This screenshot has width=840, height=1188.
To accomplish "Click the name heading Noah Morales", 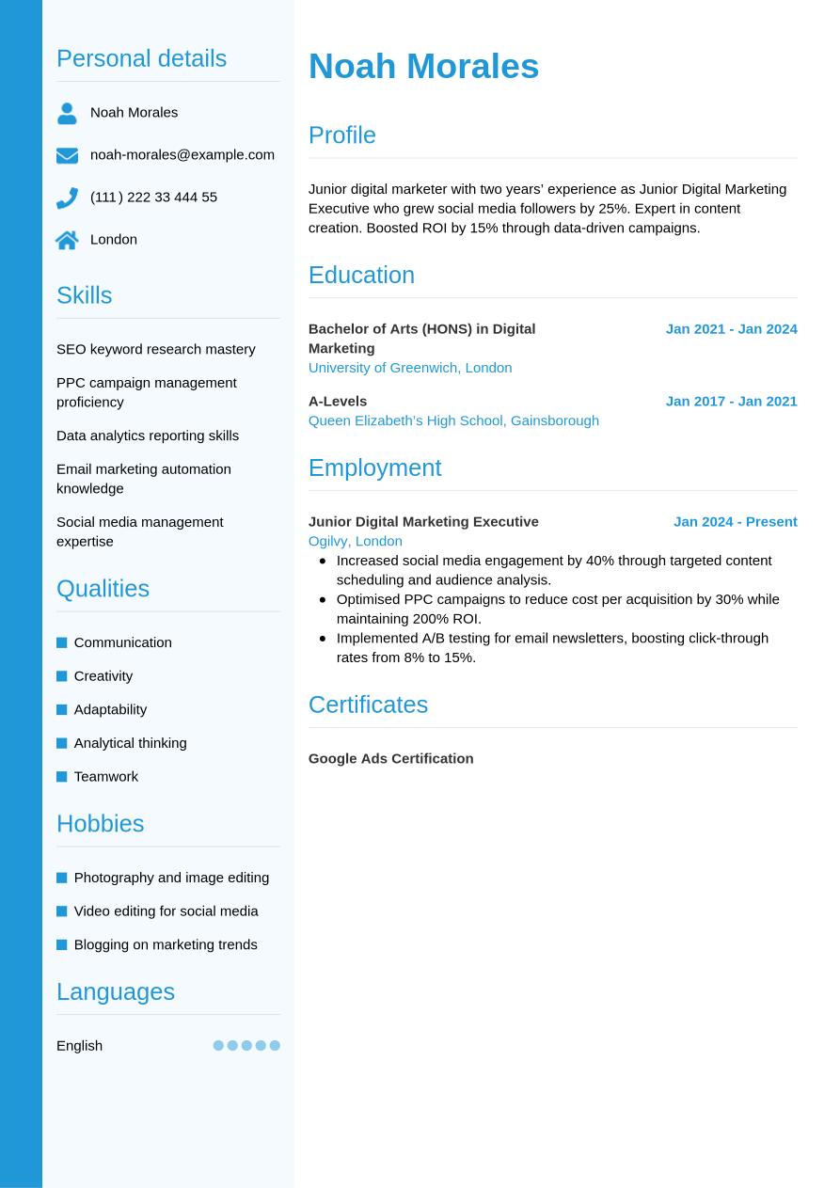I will (423, 67).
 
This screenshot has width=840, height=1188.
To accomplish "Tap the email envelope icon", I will (67, 155).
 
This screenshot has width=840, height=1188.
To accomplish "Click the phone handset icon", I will (67, 198).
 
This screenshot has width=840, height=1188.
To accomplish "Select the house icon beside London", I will (67, 240).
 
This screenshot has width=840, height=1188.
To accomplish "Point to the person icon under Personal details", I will (67, 113).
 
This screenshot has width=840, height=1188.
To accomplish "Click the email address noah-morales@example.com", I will (182, 154).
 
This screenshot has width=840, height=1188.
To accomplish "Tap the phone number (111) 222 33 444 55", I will (153, 197).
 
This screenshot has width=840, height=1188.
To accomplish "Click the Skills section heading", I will (84, 295).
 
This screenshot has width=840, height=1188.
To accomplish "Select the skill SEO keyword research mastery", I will (155, 349).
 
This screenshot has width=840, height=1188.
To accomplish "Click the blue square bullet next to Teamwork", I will (62, 777).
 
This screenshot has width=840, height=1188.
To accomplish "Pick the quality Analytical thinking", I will (130, 743).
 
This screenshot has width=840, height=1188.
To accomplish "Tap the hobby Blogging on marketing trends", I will (165, 944).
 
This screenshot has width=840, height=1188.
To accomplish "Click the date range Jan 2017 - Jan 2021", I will (731, 401).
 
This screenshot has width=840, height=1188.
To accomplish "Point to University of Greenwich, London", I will (410, 368).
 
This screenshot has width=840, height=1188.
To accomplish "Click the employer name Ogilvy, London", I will (355, 541).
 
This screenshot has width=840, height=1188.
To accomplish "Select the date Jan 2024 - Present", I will (735, 521).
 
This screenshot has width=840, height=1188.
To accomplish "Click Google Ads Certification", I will (390, 758).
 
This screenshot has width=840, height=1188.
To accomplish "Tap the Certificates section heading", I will (368, 705).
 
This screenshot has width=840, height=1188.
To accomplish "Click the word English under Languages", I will (79, 1046).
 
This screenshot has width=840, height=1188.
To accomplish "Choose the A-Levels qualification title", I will (338, 401).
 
